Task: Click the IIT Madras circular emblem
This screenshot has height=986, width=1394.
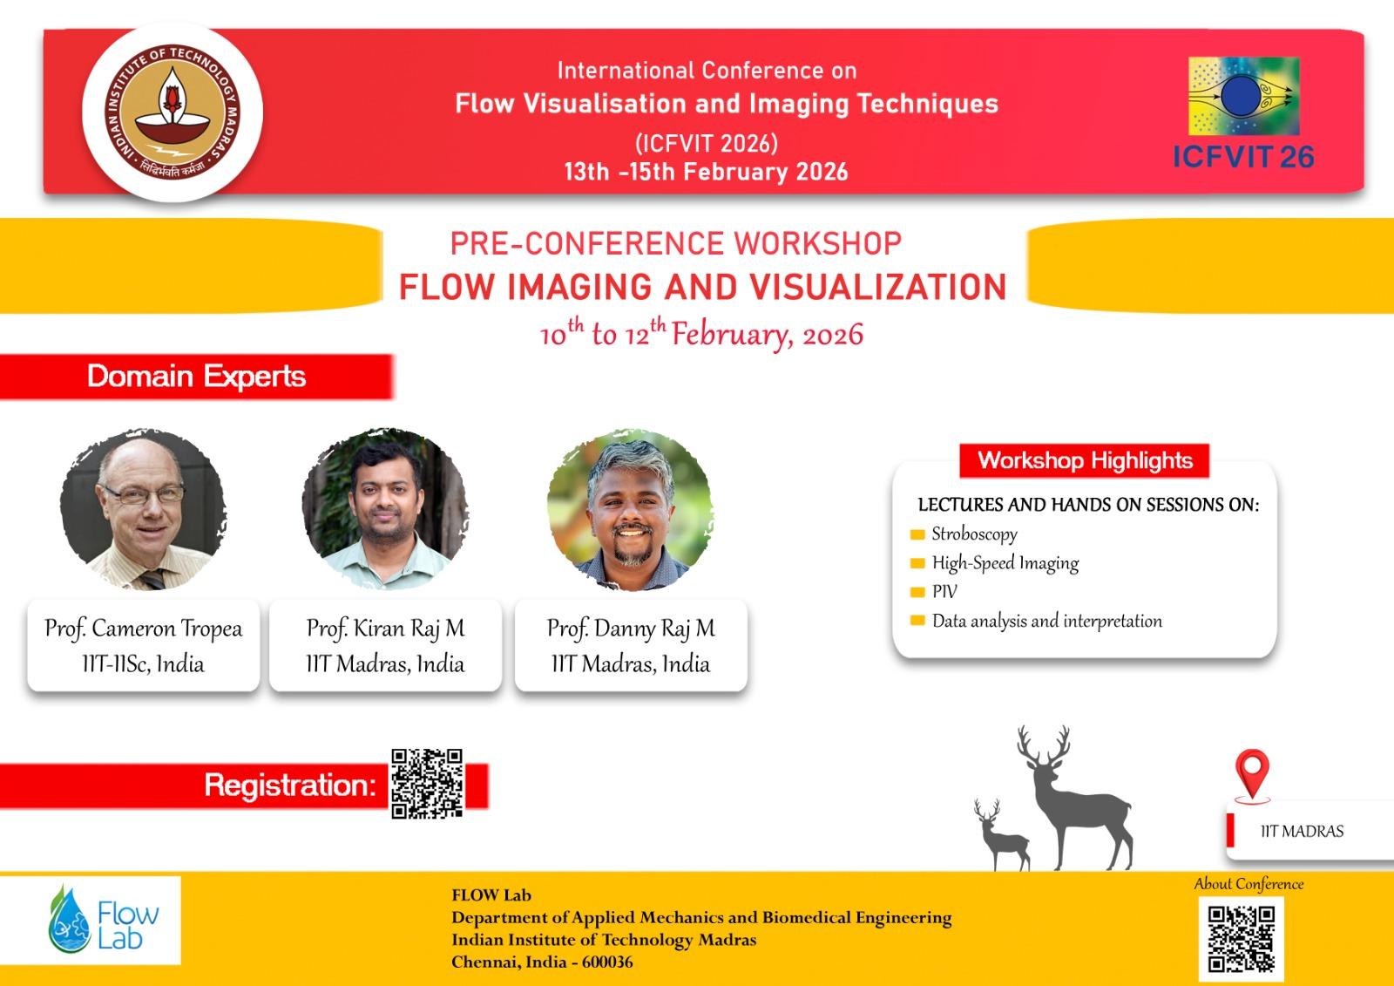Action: (x=173, y=112)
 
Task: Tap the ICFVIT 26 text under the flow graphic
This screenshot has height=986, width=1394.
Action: (x=1243, y=157)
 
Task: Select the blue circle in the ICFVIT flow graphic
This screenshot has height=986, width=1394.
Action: (x=1241, y=95)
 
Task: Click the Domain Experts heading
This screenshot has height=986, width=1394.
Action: (x=197, y=377)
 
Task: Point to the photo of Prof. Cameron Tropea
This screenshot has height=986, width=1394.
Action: (x=143, y=509)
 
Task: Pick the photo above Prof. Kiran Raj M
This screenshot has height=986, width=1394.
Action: (x=385, y=509)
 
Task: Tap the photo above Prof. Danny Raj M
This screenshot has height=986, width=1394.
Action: (x=631, y=509)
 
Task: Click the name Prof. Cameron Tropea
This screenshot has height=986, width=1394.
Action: (x=143, y=629)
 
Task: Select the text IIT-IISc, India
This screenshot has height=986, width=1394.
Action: (x=143, y=664)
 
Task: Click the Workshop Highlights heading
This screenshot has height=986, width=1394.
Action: (x=1085, y=460)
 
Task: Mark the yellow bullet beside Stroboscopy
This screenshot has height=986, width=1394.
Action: (x=917, y=534)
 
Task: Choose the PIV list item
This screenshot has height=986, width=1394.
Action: (x=944, y=592)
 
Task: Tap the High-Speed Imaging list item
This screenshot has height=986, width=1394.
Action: (x=1005, y=563)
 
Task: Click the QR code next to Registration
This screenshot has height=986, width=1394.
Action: (x=427, y=784)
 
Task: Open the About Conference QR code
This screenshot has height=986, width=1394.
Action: (x=1241, y=939)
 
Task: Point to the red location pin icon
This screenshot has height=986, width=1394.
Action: (x=1252, y=773)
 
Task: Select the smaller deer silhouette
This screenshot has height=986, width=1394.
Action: (x=1002, y=834)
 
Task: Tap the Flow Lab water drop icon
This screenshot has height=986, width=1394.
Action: (x=70, y=920)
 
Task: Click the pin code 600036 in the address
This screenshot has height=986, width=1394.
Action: (x=607, y=962)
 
